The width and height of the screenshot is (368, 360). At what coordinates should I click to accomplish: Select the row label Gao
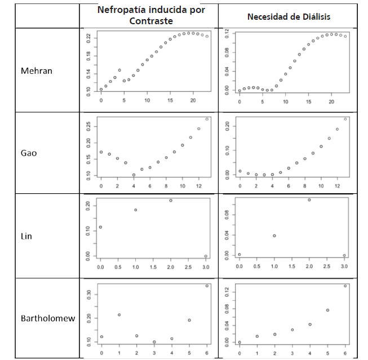point(28,153)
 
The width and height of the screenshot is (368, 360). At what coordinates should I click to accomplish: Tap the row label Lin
point(26,236)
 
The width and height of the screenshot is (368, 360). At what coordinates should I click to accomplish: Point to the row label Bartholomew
point(48,318)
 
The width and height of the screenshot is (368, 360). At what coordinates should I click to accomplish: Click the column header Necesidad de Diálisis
point(289,17)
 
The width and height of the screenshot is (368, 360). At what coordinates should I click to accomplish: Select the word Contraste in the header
point(151,21)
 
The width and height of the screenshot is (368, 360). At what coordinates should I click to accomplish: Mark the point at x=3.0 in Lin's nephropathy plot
point(206,256)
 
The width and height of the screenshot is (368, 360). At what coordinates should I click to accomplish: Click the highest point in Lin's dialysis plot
point(309,199)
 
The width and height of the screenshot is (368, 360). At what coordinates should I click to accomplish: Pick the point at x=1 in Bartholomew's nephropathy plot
point(119,314)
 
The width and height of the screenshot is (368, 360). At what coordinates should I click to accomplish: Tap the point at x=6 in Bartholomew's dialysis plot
point(345,286)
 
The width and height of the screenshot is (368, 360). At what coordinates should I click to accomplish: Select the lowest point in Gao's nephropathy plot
point(134,175)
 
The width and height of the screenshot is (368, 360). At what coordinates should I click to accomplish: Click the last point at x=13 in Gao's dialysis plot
point(345,119)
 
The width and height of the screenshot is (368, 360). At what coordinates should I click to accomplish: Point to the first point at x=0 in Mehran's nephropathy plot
point(101,89)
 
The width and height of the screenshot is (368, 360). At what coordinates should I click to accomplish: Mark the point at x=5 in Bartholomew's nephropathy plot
point(189,320)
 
